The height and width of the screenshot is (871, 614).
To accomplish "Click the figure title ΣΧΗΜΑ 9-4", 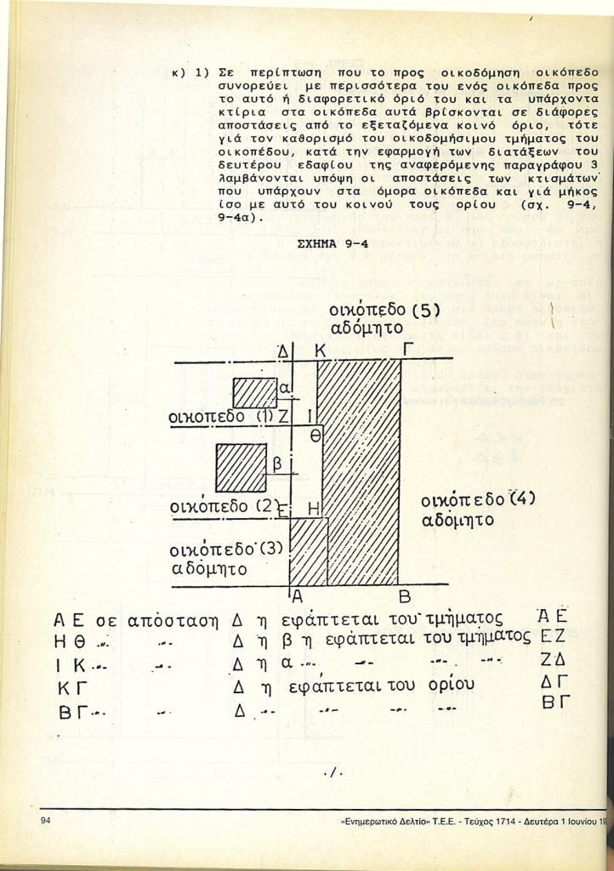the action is [x=333, y=244].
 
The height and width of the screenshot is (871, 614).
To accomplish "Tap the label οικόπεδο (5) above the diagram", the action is [x=384, y=311].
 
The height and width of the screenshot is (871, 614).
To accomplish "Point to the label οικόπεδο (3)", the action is [x=227, y=550].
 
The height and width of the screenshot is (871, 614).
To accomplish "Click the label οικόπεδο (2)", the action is [x=224, y=507].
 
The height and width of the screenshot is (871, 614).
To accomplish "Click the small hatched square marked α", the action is [x=255, y=393].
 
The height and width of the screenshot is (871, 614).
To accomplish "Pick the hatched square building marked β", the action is [x=241, y=468].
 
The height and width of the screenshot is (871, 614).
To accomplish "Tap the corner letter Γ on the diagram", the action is [x=408, y=350].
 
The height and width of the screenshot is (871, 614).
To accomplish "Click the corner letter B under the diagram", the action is [x=405, y=597].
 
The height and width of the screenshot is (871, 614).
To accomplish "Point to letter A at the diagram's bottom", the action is [x=297, y=596].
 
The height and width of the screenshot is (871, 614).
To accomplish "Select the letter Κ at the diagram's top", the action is [x=321, y=351].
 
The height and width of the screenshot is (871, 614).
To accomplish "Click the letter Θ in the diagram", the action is [x=316, y=436].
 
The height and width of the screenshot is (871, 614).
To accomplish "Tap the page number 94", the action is [x=46, y=821].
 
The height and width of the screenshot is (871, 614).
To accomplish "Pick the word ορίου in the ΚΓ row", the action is [x=452, y=685].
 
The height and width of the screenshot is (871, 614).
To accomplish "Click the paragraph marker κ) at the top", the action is [x=179, y=73].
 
